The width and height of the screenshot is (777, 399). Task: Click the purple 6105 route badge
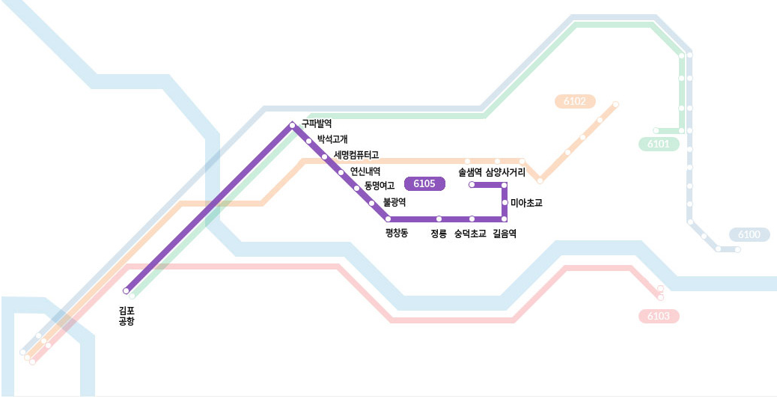click(x=424, y=184)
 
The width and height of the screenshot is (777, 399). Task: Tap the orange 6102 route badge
click(x=574, y=101)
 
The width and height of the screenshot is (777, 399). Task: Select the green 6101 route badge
click(x=659, y=144)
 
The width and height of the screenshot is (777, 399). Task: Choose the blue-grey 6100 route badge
click(x=749, y=235)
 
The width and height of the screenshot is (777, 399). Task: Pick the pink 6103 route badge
click(x=658, y=317)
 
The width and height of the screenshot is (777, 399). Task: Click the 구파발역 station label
click(x=317, y=124)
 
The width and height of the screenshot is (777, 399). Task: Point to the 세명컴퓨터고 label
click(x=356, y=155)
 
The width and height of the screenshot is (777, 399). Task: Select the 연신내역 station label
click(x=365, y=171)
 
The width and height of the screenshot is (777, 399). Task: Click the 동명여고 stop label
click(x=380, y=186)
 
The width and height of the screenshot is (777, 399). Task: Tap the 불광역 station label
click(x=394, y=202)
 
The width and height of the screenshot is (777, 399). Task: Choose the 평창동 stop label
click(x=397, y=234)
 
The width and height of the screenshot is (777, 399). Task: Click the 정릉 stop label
click(x=439, y=234)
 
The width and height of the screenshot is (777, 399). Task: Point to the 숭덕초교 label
click(x=470, y=234)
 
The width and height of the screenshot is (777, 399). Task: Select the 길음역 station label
click(x=505, y=234)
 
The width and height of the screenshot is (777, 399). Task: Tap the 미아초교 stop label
click(x=526, y=203)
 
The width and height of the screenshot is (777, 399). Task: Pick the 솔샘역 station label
click(x=470, y=173)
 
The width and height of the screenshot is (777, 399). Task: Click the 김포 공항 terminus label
click(x=127, y=315)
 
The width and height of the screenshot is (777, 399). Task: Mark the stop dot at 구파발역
click(x=293, y=125)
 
